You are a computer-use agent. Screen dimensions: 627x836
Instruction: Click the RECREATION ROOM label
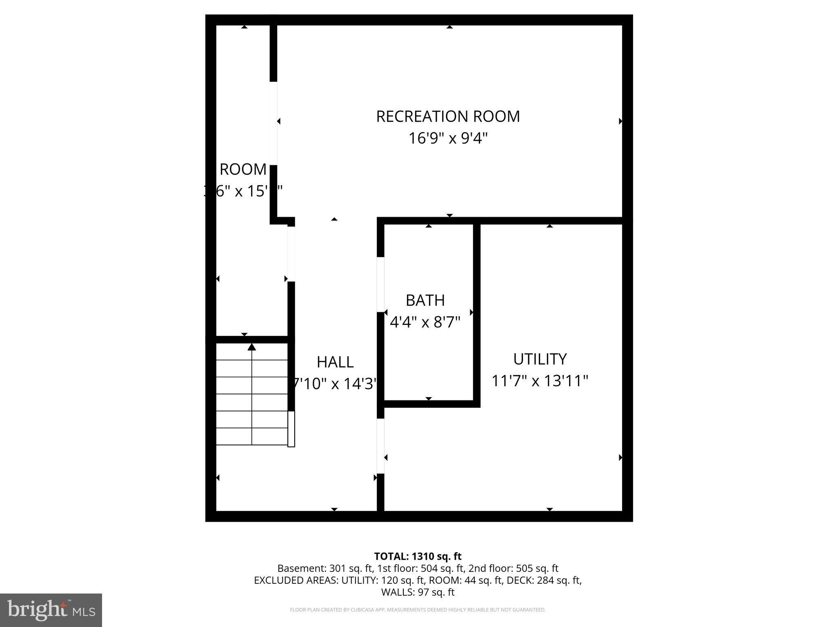[448, 117]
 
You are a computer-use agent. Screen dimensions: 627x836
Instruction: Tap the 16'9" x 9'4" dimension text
[448, 139]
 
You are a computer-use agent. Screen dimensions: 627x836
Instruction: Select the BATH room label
[425, 300]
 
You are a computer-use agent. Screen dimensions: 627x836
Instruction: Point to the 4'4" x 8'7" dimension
[425, 322]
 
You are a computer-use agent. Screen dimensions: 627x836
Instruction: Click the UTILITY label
[540, 359]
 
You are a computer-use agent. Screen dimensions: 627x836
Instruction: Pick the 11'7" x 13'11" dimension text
[540, 381]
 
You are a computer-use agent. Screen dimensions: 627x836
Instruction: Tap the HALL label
[335, 362]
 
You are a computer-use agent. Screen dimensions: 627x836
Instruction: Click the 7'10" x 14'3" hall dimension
[335, 384]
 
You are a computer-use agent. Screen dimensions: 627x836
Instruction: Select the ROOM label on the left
[243, 169]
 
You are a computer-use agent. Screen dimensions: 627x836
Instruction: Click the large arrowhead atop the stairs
[252, 347]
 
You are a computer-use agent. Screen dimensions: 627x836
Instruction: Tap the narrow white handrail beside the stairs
[291, 429]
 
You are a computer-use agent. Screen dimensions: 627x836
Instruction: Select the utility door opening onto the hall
[380, 446]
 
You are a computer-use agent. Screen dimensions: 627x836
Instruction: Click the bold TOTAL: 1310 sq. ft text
[418, 556]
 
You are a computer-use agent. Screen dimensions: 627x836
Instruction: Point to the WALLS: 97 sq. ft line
[418, 592]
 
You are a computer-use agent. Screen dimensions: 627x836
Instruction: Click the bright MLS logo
[51, 610]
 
